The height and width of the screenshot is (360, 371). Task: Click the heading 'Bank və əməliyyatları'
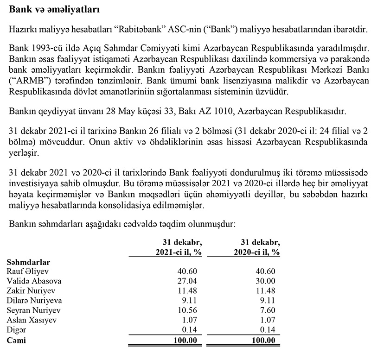pos(54,9)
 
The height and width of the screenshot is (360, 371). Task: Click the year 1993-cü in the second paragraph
pos(45,49)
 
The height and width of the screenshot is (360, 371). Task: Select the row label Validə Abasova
pos(34,281)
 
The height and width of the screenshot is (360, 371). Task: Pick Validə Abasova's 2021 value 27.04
pos(193,281)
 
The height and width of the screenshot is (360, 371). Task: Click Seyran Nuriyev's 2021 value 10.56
pos(193,310)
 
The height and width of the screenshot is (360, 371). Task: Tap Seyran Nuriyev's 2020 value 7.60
pos(268,310)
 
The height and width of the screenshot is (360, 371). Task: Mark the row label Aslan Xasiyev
pos(31,320)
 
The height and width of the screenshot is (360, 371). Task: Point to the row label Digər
pos(17,329)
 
